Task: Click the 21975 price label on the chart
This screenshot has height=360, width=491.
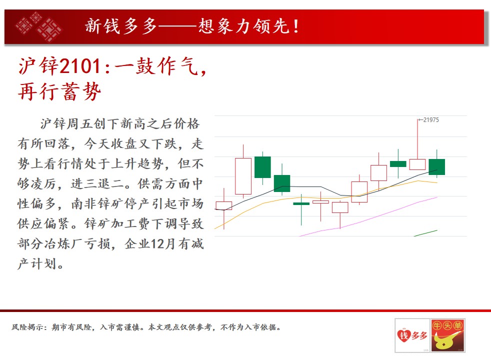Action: (431, 120)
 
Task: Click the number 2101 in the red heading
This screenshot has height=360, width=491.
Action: (80, 66)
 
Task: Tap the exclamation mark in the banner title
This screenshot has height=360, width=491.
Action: (296, 26)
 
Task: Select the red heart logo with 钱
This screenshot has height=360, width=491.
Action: (403, 335)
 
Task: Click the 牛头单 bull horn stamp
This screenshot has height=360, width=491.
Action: (448, 335)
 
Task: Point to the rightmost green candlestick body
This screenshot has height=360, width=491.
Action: (437, 167)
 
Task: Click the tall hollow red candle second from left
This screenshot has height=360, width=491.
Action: (243, 176)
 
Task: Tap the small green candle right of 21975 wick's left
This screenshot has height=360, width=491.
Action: (398, 163)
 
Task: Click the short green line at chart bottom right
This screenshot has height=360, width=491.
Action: (425, 233)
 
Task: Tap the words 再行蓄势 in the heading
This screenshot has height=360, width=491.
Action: (59, 91)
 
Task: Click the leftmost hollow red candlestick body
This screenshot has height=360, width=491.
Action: (224, 205)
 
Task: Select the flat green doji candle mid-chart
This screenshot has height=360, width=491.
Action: (301, 204)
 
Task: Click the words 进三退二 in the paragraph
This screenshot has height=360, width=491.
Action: (97, 184)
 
